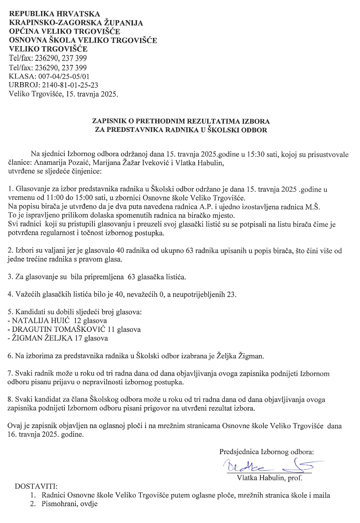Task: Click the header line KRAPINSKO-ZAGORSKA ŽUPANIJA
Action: coord(76,22)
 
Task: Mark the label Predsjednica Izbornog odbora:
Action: coord(266,452)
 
